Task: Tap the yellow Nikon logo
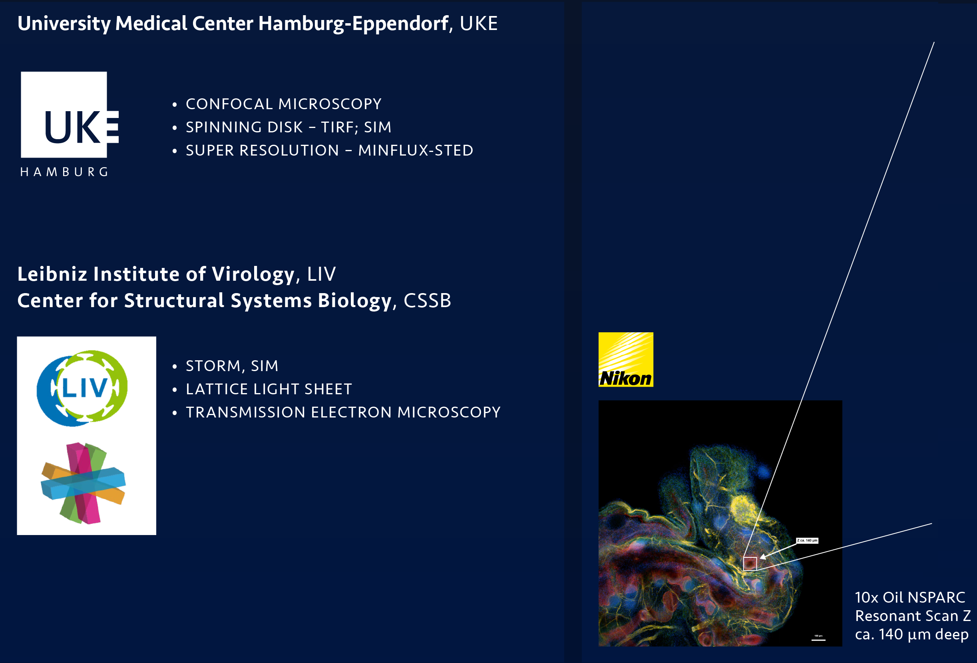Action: click(625, 359)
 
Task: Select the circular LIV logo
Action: click(82, 387)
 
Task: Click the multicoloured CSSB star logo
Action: click(84, 483)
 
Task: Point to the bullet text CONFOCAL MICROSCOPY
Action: click(283, 104)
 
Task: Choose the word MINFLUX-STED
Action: click(415, 150)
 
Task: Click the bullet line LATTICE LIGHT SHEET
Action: click(269, 389)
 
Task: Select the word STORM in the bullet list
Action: click(213, 366)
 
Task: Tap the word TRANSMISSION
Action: click(245, 412)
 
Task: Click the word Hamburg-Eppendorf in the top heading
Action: click(353, 24)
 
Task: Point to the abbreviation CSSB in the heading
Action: click(427, 301)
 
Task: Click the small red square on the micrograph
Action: click(750, 563)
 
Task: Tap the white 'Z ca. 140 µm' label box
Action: click(807, 540)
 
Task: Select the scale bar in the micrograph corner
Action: click(818, 640)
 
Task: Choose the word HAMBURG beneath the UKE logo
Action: click(64, 172)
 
